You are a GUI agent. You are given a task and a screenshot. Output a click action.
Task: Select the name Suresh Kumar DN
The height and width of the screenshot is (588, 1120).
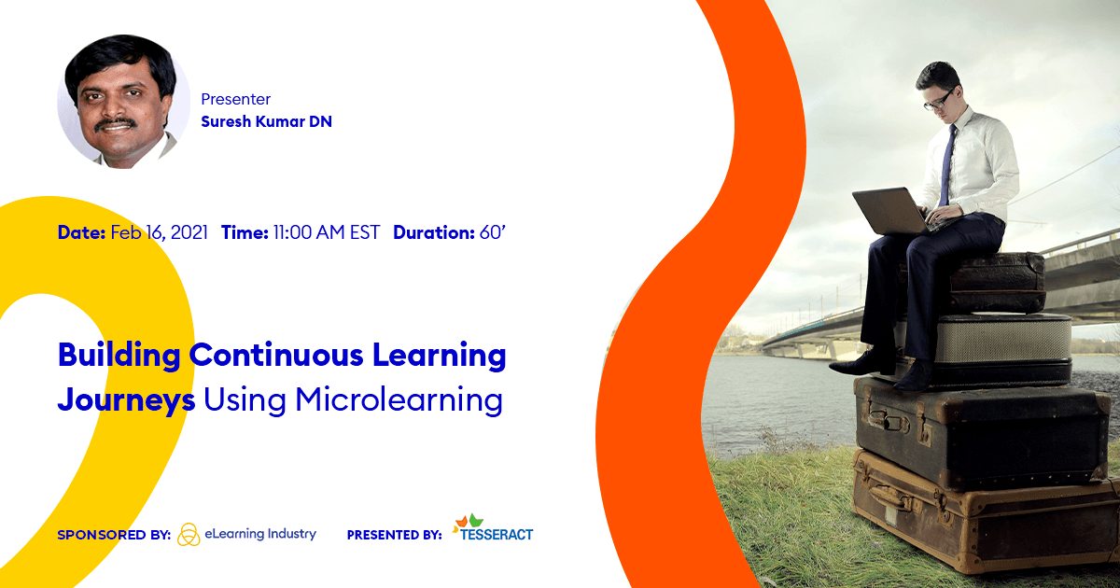(x=266, y=121)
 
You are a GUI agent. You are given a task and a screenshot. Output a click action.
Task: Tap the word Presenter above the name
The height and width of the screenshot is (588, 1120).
(x=236, y=99)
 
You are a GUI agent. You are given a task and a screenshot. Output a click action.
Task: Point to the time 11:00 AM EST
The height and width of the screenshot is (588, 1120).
(x=326, y=232)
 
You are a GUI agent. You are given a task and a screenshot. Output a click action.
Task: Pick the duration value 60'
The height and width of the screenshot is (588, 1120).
(x=493, y=232)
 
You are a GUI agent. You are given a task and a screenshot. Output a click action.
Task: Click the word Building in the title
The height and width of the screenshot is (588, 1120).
(x=118, y=356)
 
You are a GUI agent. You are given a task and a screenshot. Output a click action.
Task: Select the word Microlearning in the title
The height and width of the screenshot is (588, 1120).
(x=399, y=399)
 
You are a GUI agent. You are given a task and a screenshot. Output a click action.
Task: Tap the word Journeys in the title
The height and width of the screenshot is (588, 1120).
(x=126, y=400)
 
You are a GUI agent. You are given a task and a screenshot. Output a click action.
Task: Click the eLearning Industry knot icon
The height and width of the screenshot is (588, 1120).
(x=189, y=535)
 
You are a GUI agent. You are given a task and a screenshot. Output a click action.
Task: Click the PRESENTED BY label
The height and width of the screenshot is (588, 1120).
(x=394, y=536)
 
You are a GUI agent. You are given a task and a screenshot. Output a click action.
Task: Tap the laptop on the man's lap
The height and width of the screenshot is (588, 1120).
(x=891, y=210)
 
